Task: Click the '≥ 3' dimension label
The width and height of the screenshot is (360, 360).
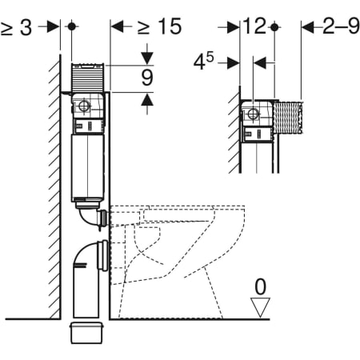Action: pos(16,27)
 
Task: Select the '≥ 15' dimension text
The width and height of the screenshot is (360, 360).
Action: pos(159,26)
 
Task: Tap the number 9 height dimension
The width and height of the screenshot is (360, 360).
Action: pos(147,78)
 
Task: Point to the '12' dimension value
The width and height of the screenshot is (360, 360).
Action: pos(254,26)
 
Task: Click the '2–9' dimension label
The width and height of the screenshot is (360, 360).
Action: pos(341,26)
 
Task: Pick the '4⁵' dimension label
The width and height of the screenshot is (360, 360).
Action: pos(204,62)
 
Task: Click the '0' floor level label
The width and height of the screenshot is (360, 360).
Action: pos(261,286)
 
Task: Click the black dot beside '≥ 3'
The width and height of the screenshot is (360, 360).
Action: pos(71,26)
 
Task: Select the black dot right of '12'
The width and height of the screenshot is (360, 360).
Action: pos(274,27)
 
